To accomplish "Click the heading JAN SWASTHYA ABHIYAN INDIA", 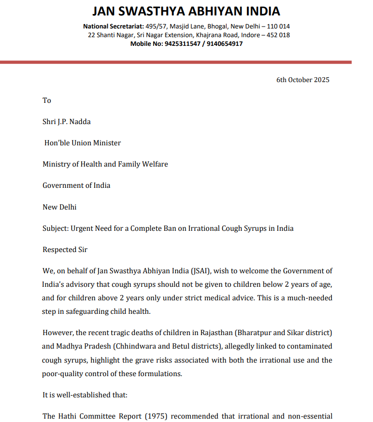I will (x=186, y=11).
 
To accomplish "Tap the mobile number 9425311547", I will (x=182, y=43).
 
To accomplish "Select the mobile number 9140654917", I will (x=225, y=43).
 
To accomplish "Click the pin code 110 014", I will (x=278, y=26).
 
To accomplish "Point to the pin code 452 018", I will (x=278, y=35).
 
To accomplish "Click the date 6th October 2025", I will (x=303, y=80).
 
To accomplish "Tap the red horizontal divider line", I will (x=176, y=62).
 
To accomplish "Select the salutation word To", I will (x=47, y=100).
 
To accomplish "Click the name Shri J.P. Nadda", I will (x=67, y=122).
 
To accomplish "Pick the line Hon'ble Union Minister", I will (x=83, y=143).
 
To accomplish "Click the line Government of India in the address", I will (x=76, y=185).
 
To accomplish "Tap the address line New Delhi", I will (x=59, y=207).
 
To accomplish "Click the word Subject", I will (x=55, y=228).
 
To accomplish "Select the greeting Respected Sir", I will (x=65, y=250).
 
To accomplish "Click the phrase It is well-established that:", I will (x=85, y=395).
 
